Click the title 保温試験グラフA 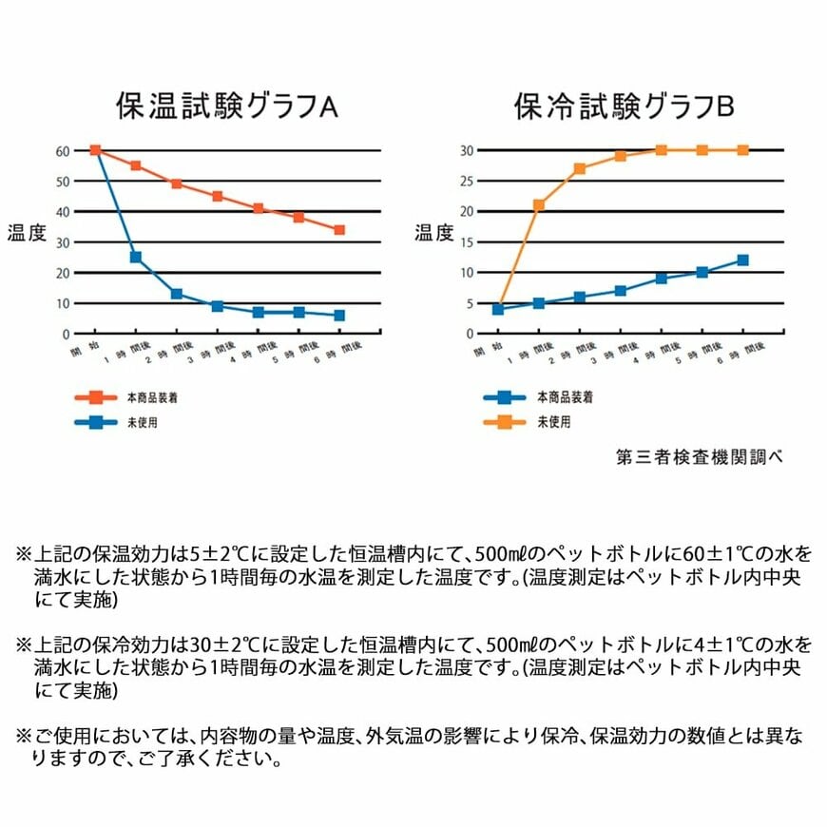(x=226, y=106)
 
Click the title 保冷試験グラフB (x=625, y=106)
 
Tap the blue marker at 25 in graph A (x=136, y=257)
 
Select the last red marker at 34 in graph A (x=339, y=229)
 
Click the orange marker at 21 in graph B (x=538, y=204)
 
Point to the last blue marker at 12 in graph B (x=742, y=260)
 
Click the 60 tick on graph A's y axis (x=63, y=150)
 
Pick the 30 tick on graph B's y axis (x=467, y=150)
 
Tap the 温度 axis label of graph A (x=27, y=233)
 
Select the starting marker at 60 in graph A (x=95, y=150)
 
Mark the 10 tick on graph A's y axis (x=63, y=303)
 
